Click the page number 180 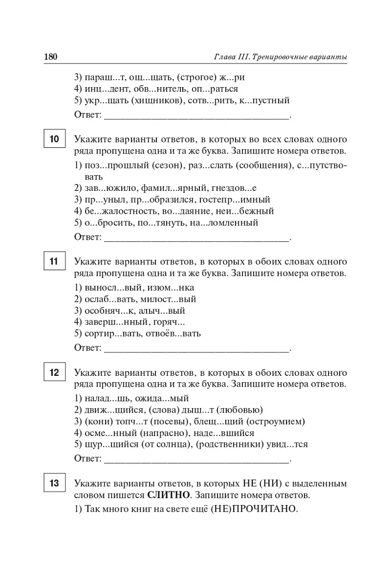pos(51,57)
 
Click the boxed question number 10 pos(54,139)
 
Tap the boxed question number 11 pos(54,262)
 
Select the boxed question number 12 pos(54,372)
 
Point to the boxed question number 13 pos(54,483)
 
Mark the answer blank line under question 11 pos(196,348)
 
